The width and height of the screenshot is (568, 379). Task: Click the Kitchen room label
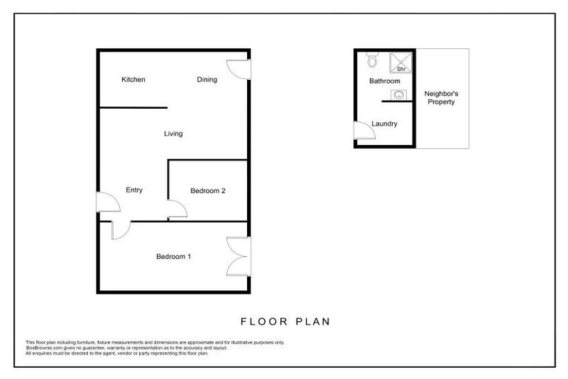tap(133, 80)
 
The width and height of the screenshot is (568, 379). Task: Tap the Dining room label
tap(207, 80)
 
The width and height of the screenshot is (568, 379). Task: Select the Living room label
tap(173, 134)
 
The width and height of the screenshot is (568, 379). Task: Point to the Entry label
tap(134, 190)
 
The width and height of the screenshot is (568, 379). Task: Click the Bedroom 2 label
tap(208, 191)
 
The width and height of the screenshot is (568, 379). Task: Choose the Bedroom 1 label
tap(174, 257)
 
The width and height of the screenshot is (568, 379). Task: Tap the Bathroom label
tap(385, 81)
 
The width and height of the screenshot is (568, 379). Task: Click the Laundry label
tap(385, 124)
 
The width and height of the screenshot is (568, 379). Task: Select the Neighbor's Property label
tap(439, 98)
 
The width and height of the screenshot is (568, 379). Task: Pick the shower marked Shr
tap(400, 61)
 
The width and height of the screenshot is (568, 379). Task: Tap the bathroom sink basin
tap(399, 94)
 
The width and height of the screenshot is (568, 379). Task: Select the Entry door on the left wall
tap(107, 202)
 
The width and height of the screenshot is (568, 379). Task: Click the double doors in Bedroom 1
tap(238, 257)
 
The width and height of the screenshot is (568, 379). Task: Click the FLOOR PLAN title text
tap(285, 322)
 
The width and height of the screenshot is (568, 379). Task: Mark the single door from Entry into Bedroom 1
tap(121, 229)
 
